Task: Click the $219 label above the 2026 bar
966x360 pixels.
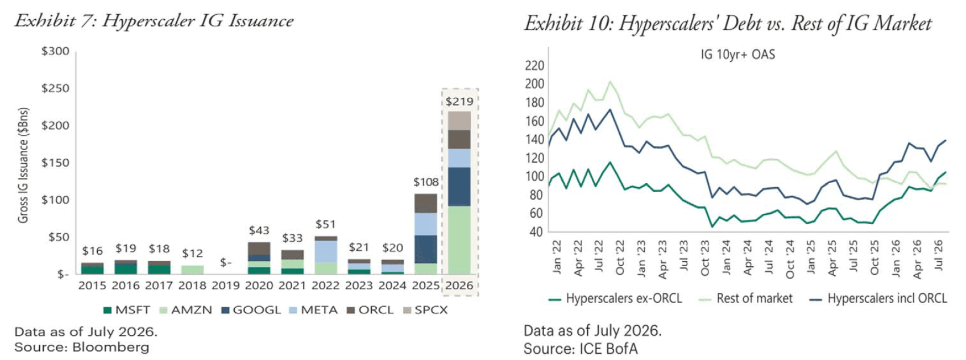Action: click(x=459, y=101)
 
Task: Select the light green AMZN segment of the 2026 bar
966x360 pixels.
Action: click(x=459, y=240)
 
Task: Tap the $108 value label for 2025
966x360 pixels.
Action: click(x=426, y=182)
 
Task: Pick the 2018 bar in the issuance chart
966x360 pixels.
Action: click(x=192, y=270)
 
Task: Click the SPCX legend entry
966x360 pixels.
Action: click(x=425, y=310)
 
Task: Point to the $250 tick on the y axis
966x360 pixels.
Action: click(x=55, y=88)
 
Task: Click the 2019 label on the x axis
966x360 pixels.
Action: click(x=226, y=285)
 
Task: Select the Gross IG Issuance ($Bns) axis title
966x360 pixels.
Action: click(x=23, y=165)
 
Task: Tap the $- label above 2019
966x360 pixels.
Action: click(x=226, y=262)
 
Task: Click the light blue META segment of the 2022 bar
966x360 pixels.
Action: click(x=326, y=252)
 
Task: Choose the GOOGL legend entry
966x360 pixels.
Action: click(x=251, y=310)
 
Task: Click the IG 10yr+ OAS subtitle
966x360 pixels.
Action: click(x=738, y=55)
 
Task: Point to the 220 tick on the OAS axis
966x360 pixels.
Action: click(x=534, y=65)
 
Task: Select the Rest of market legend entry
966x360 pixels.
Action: click(x=745, y=299)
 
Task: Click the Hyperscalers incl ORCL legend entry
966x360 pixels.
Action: click(x=878, y=299)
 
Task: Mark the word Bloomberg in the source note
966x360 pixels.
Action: click(x=111, y=347)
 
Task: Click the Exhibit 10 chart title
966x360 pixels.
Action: click(x=728, y=23)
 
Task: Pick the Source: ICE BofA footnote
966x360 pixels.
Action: click(x=581, y=349)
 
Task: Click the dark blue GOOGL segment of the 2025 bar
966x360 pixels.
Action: click(x=426, y=249)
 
